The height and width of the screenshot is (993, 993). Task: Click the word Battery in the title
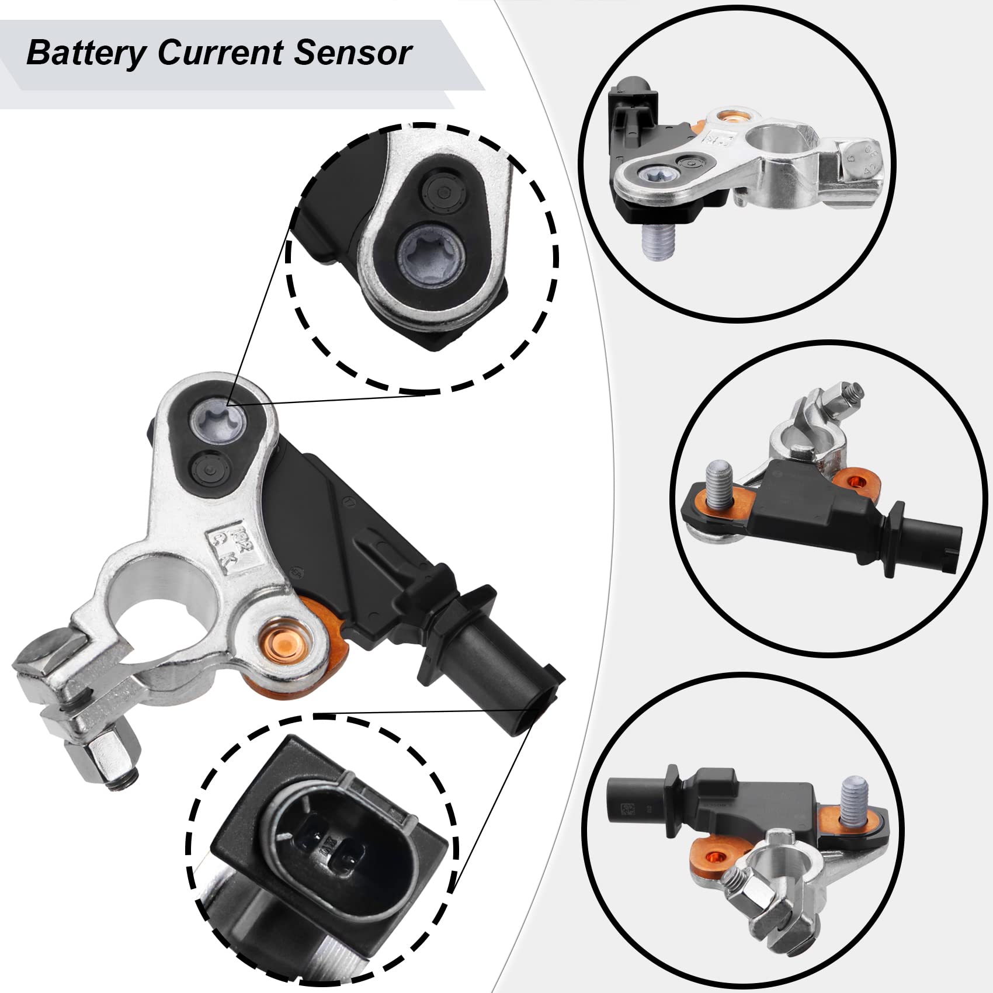click(86, 54)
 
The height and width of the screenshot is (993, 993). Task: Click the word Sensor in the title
click(353, 53)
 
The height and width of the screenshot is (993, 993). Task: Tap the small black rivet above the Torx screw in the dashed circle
click(442, 190)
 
